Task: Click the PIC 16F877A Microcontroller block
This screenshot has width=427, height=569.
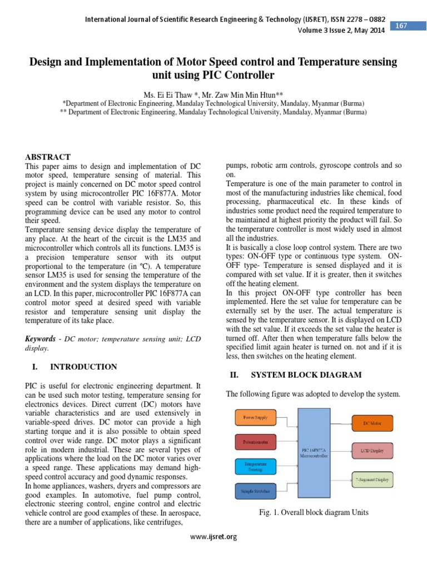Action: pyautogui.click(x=314, y=453)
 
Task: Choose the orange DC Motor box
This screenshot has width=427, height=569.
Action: pyautogui.click(x=373, y=423)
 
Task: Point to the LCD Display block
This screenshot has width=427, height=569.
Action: pyautogui.click(x=373, y=451)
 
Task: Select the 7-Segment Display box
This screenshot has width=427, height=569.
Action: pyautogui.click(x=373, y=478)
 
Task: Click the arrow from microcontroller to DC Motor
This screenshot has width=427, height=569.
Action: pyautogui.click(x=340, y=423)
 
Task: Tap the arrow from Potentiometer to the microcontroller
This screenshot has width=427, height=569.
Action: pyautogui.click(x=286, y=442)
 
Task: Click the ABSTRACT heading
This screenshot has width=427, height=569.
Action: pyautogui.click(x=48, y=157)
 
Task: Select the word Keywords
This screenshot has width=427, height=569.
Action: pyautogui.click(x=41, y=338)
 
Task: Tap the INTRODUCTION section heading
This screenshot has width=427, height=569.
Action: pyautogui.click(x=83, y=367)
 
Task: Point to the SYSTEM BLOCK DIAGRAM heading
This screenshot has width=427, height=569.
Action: pyautogui.click(x=306, y=375)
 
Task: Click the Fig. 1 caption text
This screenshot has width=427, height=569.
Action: pyautogui.click(x=314, y=512)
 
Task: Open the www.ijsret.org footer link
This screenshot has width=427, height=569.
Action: pyautogui.click(x=213, y=536)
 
